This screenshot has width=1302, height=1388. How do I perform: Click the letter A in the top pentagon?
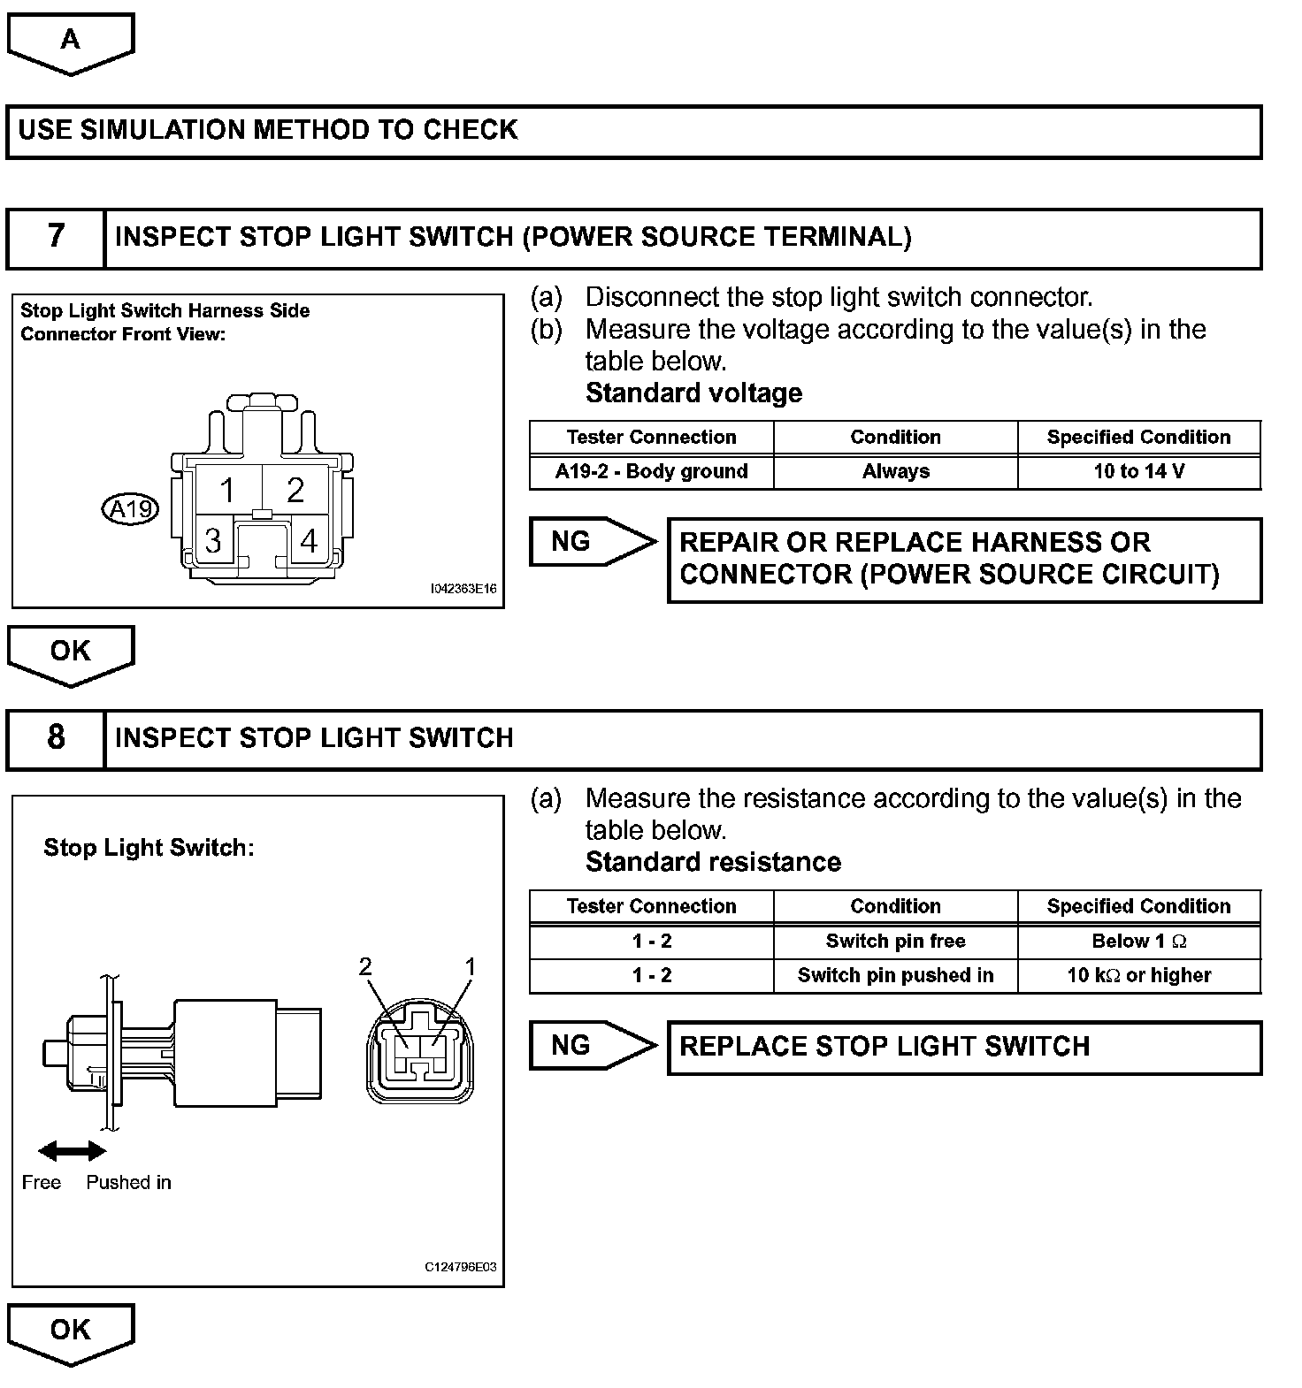tap(70, 39)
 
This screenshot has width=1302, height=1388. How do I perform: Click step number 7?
tap(56, 237)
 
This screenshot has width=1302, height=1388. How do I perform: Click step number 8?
tap(56, 737)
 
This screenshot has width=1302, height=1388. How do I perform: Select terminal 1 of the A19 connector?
tap(227, 489)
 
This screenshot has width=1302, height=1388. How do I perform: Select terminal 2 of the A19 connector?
tap(295, 489)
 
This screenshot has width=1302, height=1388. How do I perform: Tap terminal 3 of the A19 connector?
tap(212, 540)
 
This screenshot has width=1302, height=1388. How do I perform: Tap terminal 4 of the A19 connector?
tap(309, 540)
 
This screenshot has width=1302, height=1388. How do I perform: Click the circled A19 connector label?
tap(131, 509)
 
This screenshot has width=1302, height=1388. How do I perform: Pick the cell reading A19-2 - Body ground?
tap(652, 471)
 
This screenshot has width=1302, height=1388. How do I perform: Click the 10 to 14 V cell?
tap(1139, 471)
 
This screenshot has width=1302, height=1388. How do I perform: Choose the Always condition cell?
tap(896, 471)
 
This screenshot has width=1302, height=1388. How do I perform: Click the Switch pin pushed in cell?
tap(896, 975)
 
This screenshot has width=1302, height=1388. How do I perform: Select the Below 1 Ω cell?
tap(1139, 941)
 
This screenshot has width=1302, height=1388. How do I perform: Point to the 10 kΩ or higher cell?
tap(1139, 975)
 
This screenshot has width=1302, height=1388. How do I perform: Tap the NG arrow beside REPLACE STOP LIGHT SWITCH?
tap(591, 1046)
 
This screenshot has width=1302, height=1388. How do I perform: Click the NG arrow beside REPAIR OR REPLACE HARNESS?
tap(591, 541)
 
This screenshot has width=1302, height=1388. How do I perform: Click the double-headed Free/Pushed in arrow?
tap(73, 1150)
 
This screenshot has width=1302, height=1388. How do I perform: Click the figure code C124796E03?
tap(461, 1267)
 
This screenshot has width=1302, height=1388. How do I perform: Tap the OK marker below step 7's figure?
tap(70, 652)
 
